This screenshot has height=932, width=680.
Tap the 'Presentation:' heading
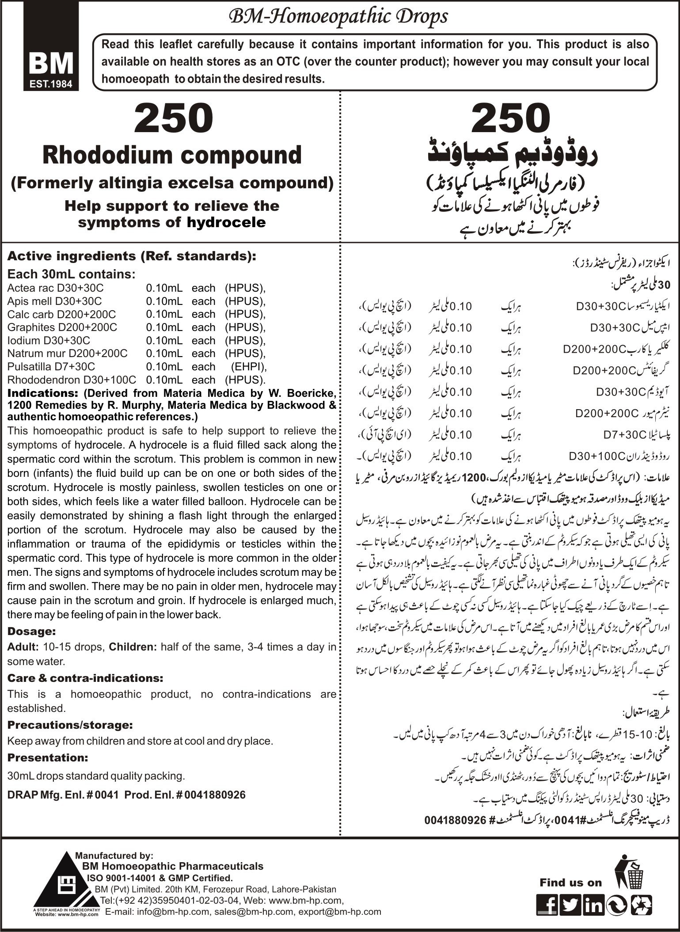pyautogui.click(x=48, y=757)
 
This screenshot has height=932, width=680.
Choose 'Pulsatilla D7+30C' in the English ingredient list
pyautogui.click(x=51, y=366)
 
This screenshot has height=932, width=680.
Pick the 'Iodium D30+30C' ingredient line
pyautogui.click(x=49, y=340)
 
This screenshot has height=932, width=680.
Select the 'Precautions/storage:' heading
pyautogui.click(x=70, y=725)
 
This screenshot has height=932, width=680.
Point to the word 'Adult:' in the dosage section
pyautogui.click(x=23, y=647)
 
